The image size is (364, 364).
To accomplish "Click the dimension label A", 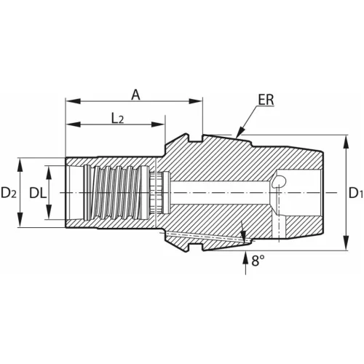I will (x=135, y=94).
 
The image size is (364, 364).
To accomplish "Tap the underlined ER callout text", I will (x=266, y=100).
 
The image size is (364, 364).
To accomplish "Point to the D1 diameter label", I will (x=355, y=193).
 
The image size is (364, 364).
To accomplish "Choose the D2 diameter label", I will (x=9, y=193).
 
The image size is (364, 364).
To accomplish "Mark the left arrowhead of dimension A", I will (x=70, y=101).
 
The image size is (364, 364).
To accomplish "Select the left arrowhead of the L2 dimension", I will (x=70, y=124).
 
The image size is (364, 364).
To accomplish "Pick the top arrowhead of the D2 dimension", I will (x=23, y=162).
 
